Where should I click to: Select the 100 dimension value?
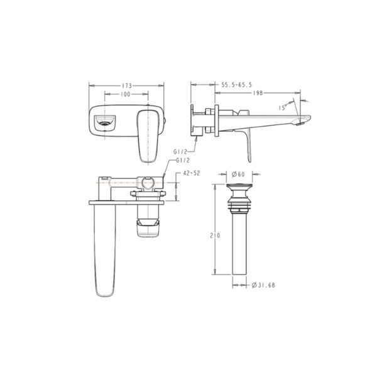[x=124, y=94]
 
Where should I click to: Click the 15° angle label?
[x=283, y=107]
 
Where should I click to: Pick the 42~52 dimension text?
[x=192, y=172]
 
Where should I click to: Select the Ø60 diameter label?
[x=238, y=173]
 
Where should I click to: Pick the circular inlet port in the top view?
[x=146, y=183]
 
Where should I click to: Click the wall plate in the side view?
[x=217, y=119]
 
